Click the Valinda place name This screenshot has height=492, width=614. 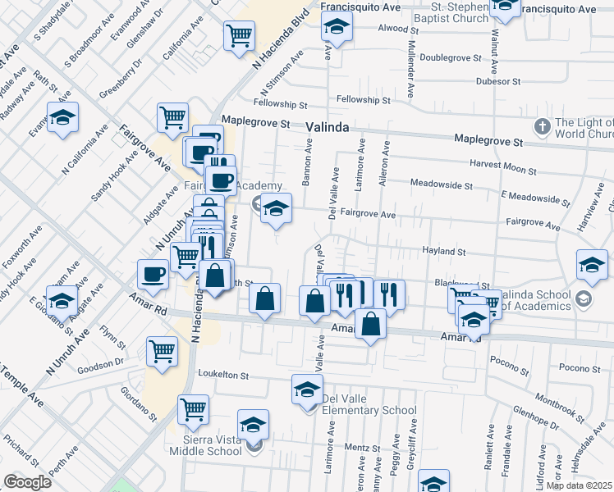pos(328,128)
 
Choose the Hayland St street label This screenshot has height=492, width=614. pos(444,253)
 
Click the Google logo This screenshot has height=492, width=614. pos(27,482)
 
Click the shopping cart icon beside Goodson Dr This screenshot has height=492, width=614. pos(163,351)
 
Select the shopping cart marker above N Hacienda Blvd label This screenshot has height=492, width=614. pos(239,34)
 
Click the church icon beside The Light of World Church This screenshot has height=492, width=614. pos(542,126)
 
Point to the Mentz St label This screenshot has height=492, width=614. pos(359,448)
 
